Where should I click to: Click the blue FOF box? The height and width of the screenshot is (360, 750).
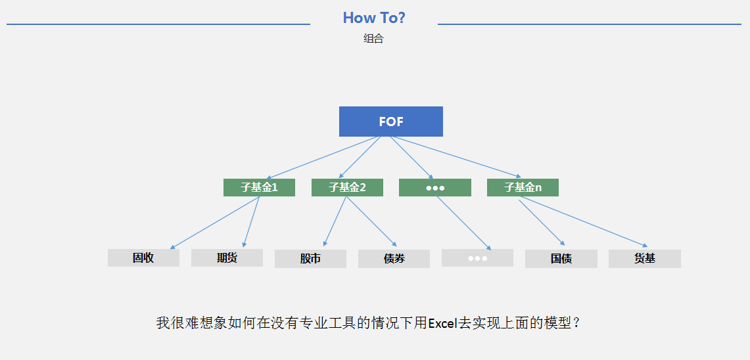click(x=391, y=122)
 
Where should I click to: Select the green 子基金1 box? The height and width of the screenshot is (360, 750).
click(x=259, y=187)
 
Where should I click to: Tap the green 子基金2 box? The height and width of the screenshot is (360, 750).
click(x=347, y=187)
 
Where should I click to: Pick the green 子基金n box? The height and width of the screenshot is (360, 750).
click(x=523, y=187)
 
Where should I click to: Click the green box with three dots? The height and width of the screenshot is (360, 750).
click(x=435, y=187)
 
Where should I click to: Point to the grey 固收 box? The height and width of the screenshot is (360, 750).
click(x=143, y=258)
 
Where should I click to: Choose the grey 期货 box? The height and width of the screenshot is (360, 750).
click(x=227, y=258)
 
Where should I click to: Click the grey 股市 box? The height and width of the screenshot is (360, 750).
click(x=310, y=259)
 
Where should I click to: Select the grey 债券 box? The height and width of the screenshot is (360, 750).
click(x=394, y=259)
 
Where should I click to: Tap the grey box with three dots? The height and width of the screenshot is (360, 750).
click(x=477, y=258)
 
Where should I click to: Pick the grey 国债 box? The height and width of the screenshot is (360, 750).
click(x=561, y=259)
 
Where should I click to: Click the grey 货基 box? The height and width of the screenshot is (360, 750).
click(x=645, y=259)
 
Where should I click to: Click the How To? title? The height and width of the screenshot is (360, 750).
click(x=374, y=18)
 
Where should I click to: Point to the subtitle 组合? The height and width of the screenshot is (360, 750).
click(x=373, y=39)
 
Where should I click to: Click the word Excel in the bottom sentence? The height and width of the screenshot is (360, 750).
click(x=443, y=324)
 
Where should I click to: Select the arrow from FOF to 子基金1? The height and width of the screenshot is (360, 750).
click(x=323, y=158)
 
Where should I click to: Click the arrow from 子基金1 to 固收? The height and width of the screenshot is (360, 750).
click(x=215, y=223)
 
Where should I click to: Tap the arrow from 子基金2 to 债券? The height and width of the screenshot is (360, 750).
click(x=371, y=221)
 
